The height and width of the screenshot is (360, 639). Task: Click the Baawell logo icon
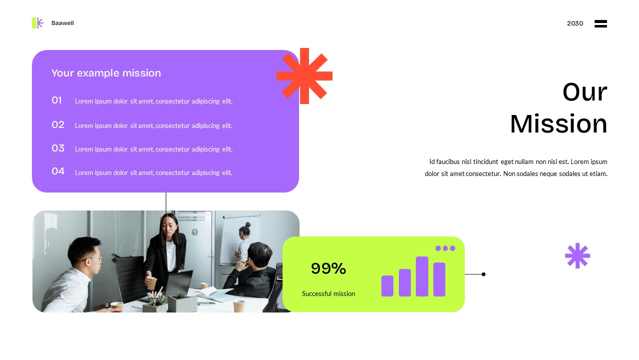click(x=37, y=23)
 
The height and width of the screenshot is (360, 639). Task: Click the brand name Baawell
click(x=62, y=23)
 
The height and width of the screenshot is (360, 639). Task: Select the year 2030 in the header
click(x=575, y=23)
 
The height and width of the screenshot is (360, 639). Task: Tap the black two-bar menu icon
click(x=601, y=23)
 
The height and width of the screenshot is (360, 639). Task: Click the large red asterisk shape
click(x=305, y=76)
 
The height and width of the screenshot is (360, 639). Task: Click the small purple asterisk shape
click(x=578, y=255)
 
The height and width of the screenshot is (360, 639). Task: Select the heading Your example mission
click(x=106, y=73)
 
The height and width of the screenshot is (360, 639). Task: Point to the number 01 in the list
click(x=57, y=100)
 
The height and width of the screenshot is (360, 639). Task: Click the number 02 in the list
click(x=58, y=124)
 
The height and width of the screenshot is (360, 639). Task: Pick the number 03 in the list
click(x=58, y=148)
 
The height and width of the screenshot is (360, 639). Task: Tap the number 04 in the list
click(x=58, y=171)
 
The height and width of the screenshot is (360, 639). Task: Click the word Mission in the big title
click(x=558, y=124)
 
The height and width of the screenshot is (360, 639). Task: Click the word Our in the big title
click(x=585, y=92)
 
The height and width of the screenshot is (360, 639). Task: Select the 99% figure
click(x=328, y=268)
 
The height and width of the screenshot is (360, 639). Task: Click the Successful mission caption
click(x=328, y=293)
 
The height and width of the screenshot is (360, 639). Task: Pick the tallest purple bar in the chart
click(x=422, y=276)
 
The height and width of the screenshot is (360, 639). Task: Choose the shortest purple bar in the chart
click(x=387, y=286)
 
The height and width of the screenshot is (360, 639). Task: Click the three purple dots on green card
click(x=445, y=248)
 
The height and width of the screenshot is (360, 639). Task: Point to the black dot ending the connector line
click(x=483, y=274)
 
